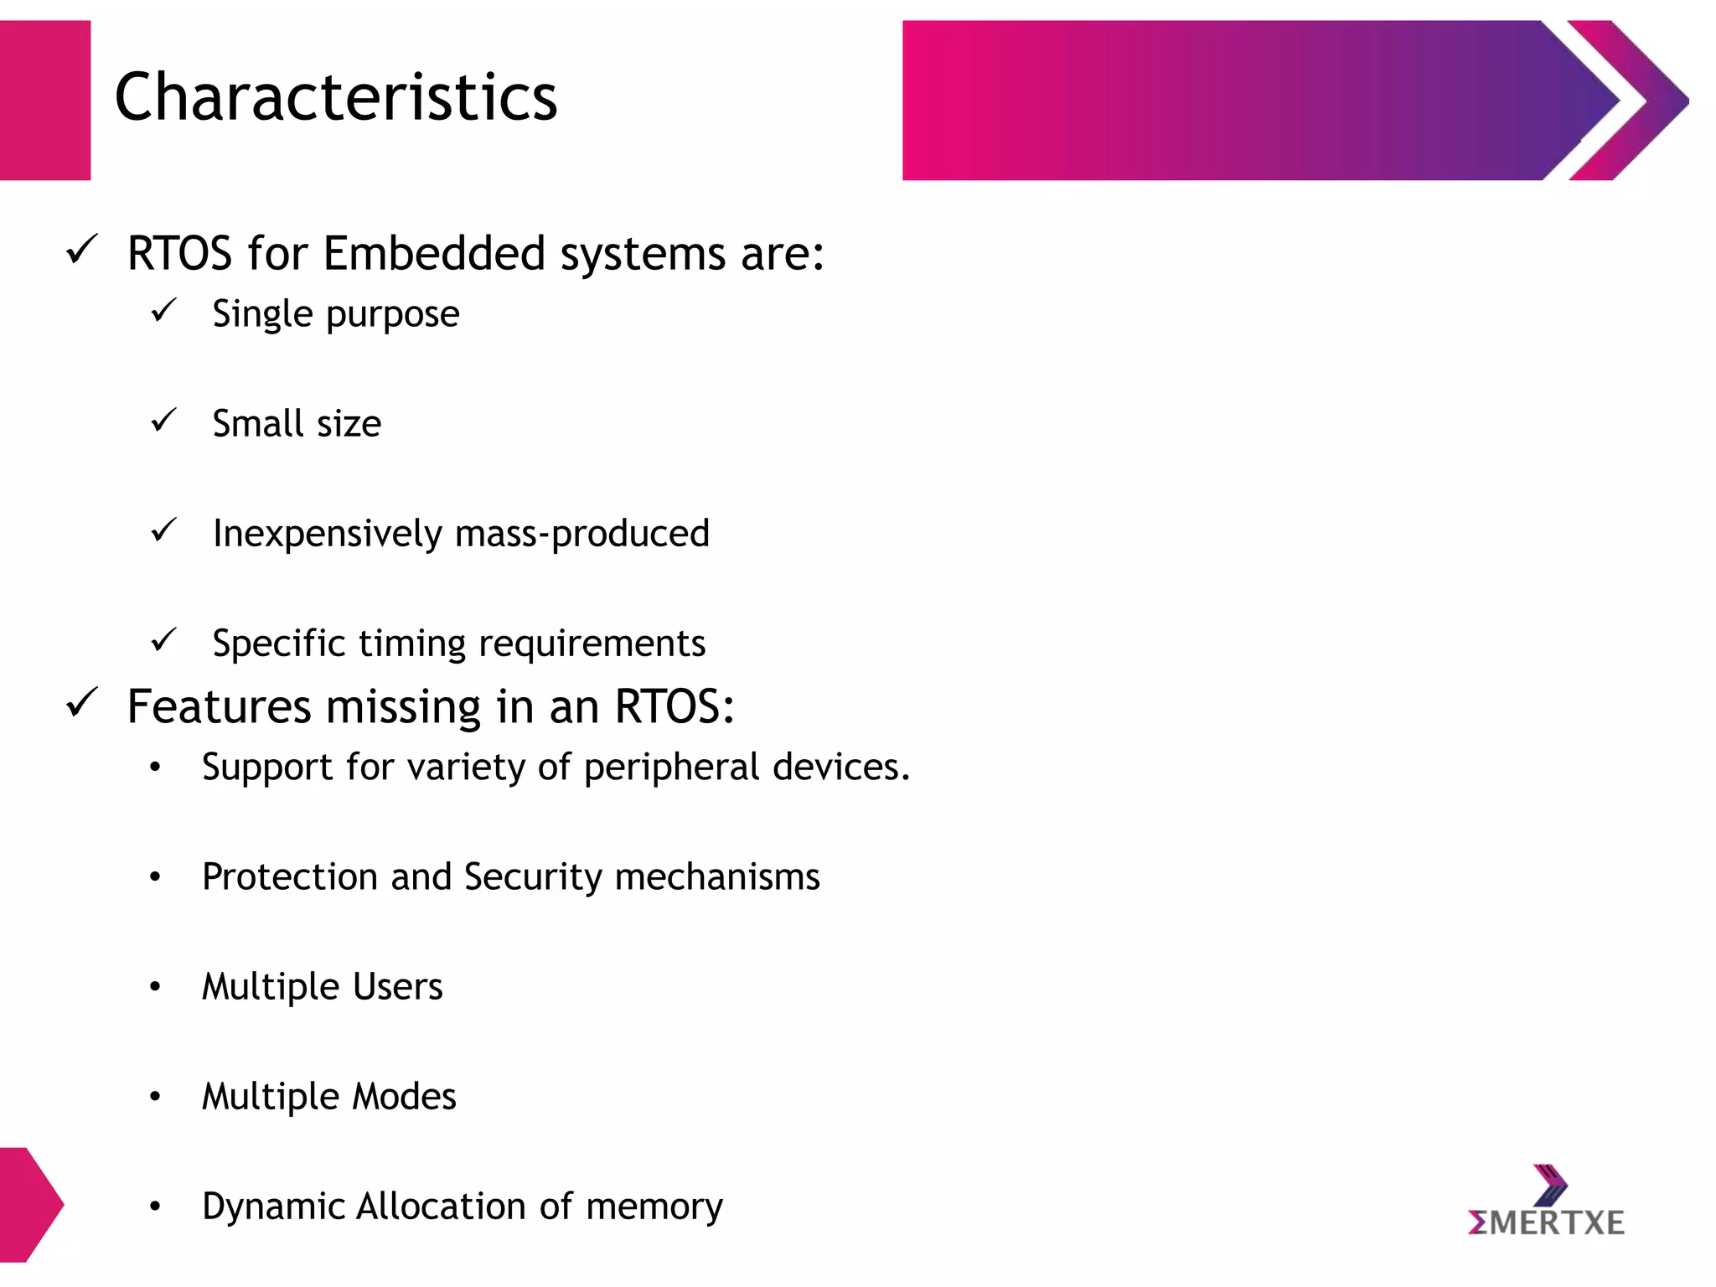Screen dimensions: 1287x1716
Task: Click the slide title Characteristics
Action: (x=335, y=97)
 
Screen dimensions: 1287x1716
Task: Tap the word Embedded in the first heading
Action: (x=434, y=253)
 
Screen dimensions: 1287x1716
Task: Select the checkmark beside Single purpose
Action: (x=163, y=311)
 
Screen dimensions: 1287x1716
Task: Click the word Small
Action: (x=256, y=424)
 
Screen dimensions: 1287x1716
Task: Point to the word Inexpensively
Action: (x=327, y=535)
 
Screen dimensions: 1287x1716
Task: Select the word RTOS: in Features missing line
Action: (x=675, y=706)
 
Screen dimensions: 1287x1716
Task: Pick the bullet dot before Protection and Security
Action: (x=155, y=877)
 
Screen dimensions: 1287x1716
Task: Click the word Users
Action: (x=397, y=986)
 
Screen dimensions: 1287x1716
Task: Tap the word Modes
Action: (x=404, y=1096)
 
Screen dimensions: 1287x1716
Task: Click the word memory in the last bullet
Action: (x=654, y=1207)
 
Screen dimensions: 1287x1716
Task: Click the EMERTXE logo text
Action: (x=1547, y=1222)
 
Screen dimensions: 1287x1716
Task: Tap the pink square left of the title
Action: (x=45, y=101)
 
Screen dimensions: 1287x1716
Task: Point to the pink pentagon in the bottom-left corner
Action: (x=28, y=1204)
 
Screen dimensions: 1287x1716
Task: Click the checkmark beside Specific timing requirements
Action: (x=163, y=641)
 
